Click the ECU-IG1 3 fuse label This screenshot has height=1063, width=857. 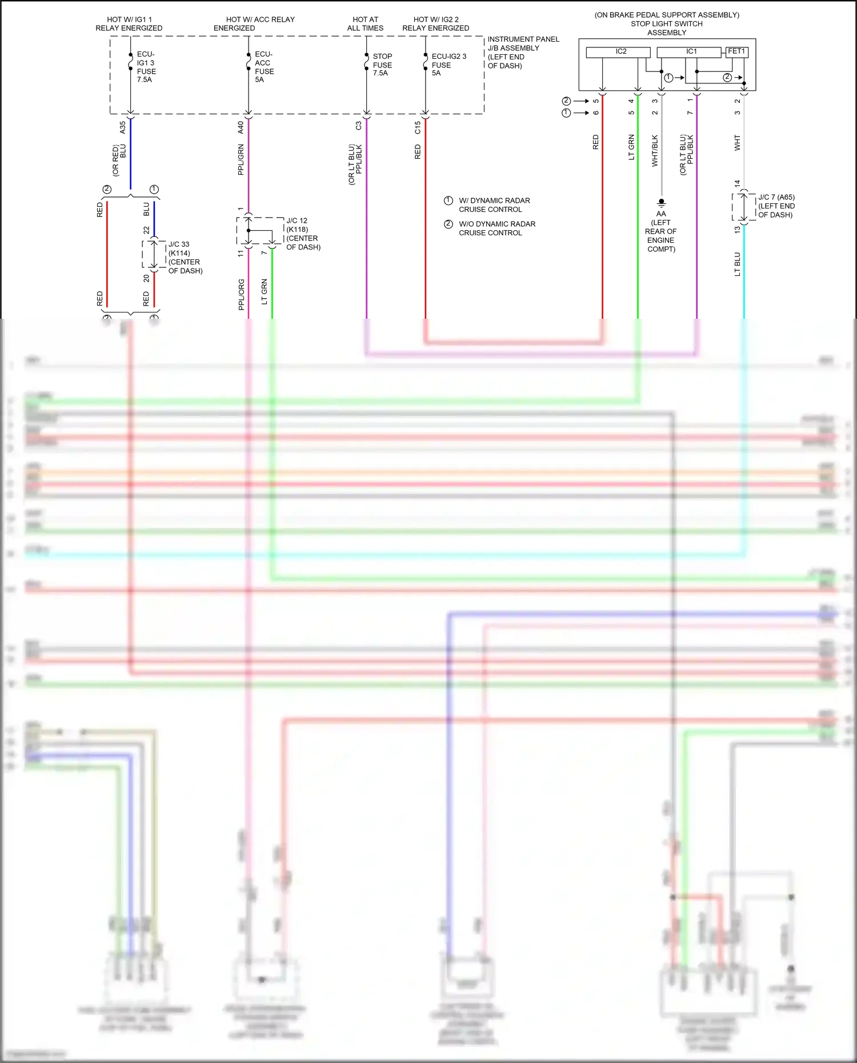point(146,67)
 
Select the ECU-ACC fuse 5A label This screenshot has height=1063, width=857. point(264,67)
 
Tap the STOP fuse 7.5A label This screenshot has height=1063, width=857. point(382,65)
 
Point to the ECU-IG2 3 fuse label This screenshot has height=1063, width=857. point(448,65)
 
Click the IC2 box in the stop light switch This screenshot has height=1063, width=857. point(618,52)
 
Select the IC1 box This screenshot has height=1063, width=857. point(689,52)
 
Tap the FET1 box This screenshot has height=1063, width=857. point(736,52)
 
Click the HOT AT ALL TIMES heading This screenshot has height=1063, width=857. point(365,23)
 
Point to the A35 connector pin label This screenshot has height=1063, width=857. point(123,127)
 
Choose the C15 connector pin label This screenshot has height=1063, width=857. point(418,127)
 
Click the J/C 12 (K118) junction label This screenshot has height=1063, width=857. point(302,234)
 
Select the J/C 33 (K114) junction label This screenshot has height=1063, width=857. point(185,257)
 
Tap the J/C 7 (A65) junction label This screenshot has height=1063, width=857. point(776,206)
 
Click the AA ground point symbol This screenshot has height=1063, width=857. point(662,203)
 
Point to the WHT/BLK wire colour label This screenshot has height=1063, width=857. point(655,151)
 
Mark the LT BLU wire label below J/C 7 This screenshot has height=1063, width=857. point(737,264)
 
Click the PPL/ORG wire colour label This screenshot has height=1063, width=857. point(241,294)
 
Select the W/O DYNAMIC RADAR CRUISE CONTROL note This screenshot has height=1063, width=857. point(496,228)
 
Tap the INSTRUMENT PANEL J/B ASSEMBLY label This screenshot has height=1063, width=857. point(522,52)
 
